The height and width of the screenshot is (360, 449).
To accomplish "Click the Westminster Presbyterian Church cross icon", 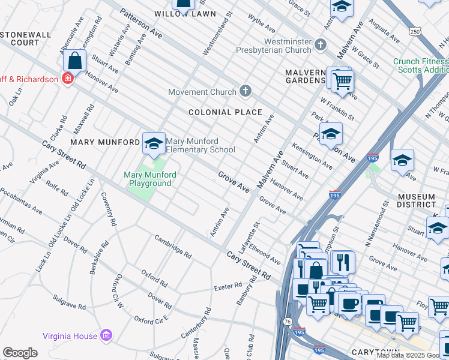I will pyautogui.click(x=321, y=44).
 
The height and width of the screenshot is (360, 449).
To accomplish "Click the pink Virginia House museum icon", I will pyautogui.click(x=107, y=334).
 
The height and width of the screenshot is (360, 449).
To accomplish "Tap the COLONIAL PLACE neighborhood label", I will pyautogui.click(x=225, y=112).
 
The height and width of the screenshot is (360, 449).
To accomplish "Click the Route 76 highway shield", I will pyautogui.click(x=288, y=322).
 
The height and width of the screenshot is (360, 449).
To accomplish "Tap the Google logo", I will pyautogui.click(x=20, y=353).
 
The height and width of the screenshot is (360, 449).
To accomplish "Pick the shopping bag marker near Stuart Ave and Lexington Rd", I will pyautogui.click(x=74, y=61).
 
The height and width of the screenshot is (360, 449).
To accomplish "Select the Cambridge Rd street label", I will pyautogui.click(x=172, y=246).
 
